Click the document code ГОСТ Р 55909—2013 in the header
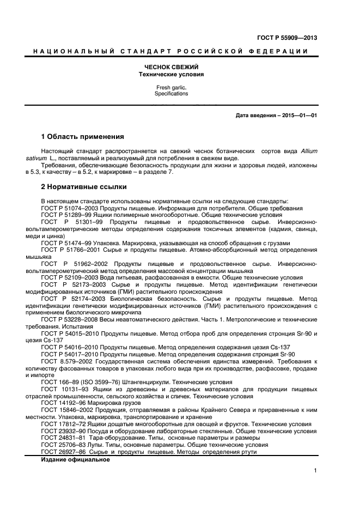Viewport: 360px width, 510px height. click(286, 38)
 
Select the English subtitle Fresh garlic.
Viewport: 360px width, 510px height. click(170, 87)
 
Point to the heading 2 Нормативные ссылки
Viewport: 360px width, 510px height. click(84, 187)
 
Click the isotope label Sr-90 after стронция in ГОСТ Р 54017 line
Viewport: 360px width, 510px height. click(286, 353)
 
